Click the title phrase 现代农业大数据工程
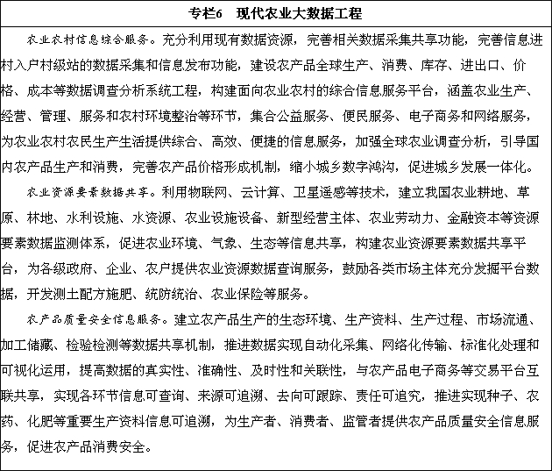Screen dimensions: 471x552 [x=298, y=14]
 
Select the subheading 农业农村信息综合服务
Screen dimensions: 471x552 [x=86, y=40]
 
